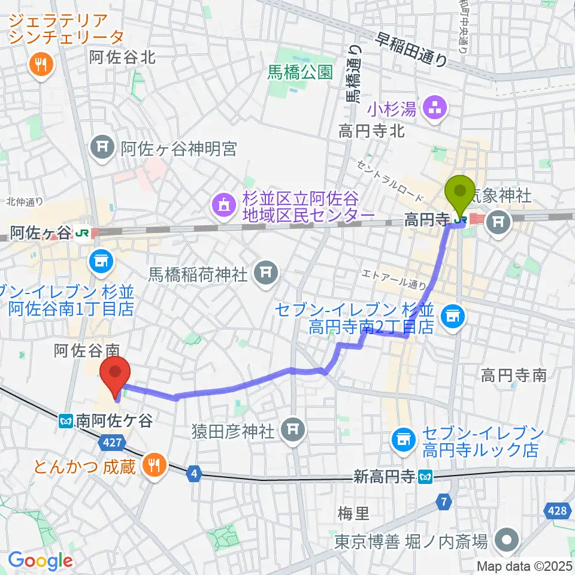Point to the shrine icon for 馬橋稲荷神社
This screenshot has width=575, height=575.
coord(264,273)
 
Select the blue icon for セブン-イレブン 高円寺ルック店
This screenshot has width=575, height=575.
coord(402,441)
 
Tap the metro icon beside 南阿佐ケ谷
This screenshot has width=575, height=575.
coord(66,422)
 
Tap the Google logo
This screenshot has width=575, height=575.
coord(40,561)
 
